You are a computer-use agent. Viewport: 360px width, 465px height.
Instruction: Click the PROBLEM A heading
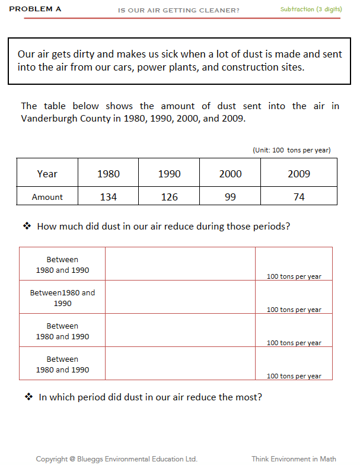pyautogui.click(x=35, y=9)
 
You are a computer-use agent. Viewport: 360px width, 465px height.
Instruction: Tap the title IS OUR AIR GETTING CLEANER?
pyautogui.click(x=179, y=10)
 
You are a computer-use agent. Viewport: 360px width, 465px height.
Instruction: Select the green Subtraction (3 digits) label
pyautogui.click(x=311, y=9)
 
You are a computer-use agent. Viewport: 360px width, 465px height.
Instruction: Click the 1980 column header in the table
pyautogui.click(x=108, y=174)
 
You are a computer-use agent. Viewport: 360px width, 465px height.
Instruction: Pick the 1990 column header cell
pyautogui.click(x=169, y=174)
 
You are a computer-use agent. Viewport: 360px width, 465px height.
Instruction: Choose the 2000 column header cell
pyautogui.click(x=230, y=174)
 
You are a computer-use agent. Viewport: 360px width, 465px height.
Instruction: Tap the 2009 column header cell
pyautogui.click(x=299, y=174)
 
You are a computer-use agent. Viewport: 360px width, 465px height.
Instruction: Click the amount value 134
pyautogui.click(x=108, y=197)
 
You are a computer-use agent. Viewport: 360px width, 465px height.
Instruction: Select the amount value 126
pyautogui.click(x=169, y=197)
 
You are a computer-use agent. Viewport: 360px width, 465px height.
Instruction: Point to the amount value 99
pyautogui.click(x=230, y=197)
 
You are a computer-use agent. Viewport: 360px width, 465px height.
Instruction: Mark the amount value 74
pyautogui.click(x=299, y=197)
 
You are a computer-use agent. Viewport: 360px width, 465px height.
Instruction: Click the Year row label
pyautogui.click(x=47, y=174)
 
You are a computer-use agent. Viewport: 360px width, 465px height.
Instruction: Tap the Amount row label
pyautogui.click(x=47, y=197)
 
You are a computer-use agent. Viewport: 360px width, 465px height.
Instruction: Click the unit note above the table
pyautogui.click(x=291, y=150)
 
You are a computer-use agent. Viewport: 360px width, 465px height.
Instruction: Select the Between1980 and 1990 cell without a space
pyautogui.click(x=62, y=298)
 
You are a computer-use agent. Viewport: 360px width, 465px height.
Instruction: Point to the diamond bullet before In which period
pyautogui.click(x=28, y=397)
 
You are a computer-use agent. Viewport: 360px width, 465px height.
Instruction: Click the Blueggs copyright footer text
pyautogui.click(x=116, y=458)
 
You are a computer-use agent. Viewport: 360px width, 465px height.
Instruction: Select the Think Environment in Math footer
pyautogui.click(x=294, y=458)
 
